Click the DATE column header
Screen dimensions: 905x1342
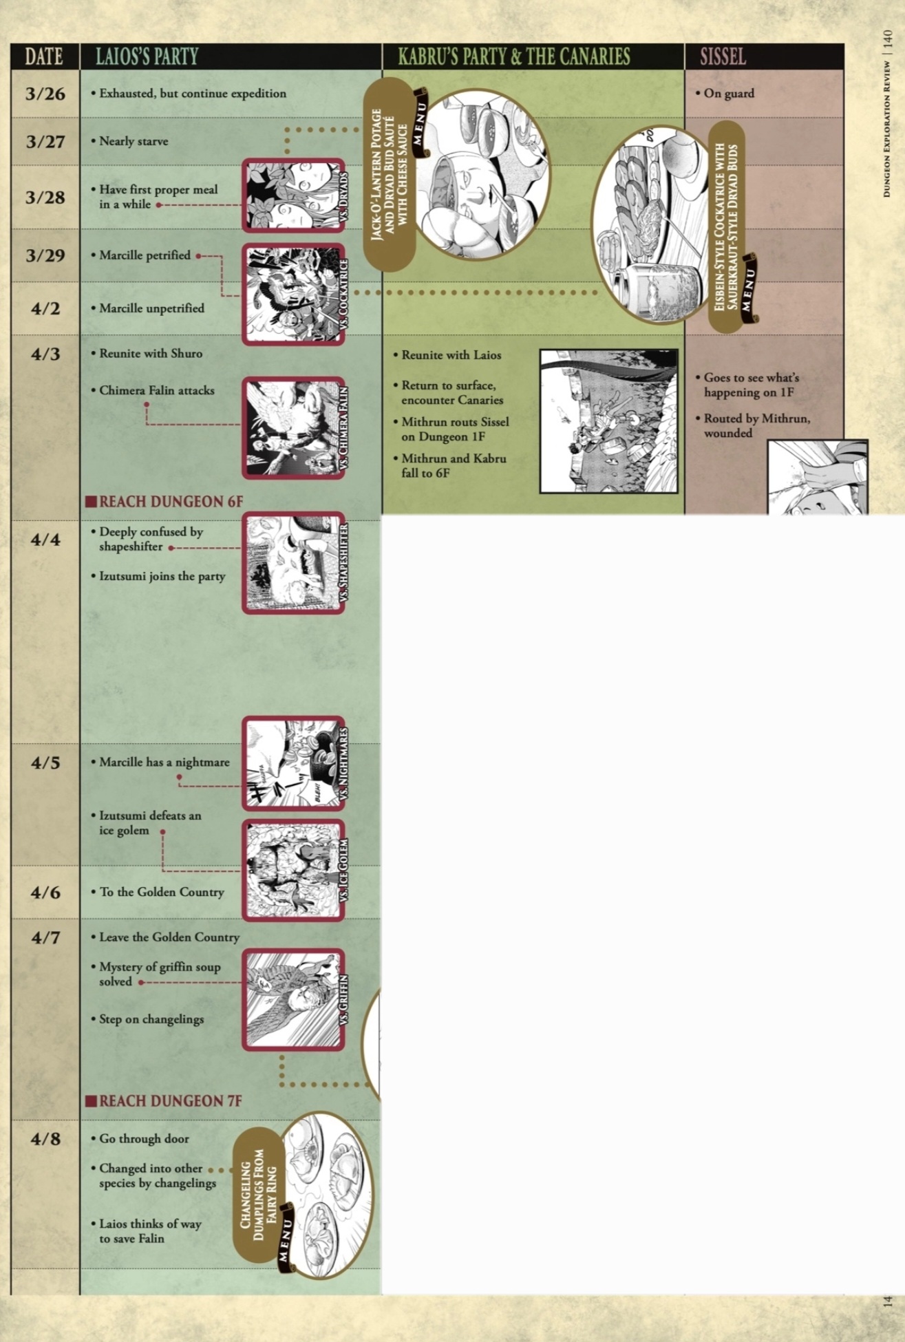point(44,56)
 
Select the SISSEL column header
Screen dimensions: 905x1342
point(723,56)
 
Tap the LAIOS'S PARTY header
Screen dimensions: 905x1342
point(147,56)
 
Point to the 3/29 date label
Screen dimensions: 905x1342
point(45,255)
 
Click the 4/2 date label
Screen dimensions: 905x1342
point(45,308)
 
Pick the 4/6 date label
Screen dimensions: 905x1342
point(45,892)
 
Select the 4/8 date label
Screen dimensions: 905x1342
point(45,1139)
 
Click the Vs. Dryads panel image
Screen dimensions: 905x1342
point(293,195)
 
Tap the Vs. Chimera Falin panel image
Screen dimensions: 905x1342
point(293,427)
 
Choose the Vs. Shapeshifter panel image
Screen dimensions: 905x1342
point(293,563)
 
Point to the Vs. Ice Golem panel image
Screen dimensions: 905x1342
point(293,870)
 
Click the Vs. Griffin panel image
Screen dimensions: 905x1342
point(293,1000)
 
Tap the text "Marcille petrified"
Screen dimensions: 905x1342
point(145,255)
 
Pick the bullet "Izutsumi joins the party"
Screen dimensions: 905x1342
point(162,577)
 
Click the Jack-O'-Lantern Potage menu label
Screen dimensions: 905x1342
point(390,174)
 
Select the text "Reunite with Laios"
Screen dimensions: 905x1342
point(448,355)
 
